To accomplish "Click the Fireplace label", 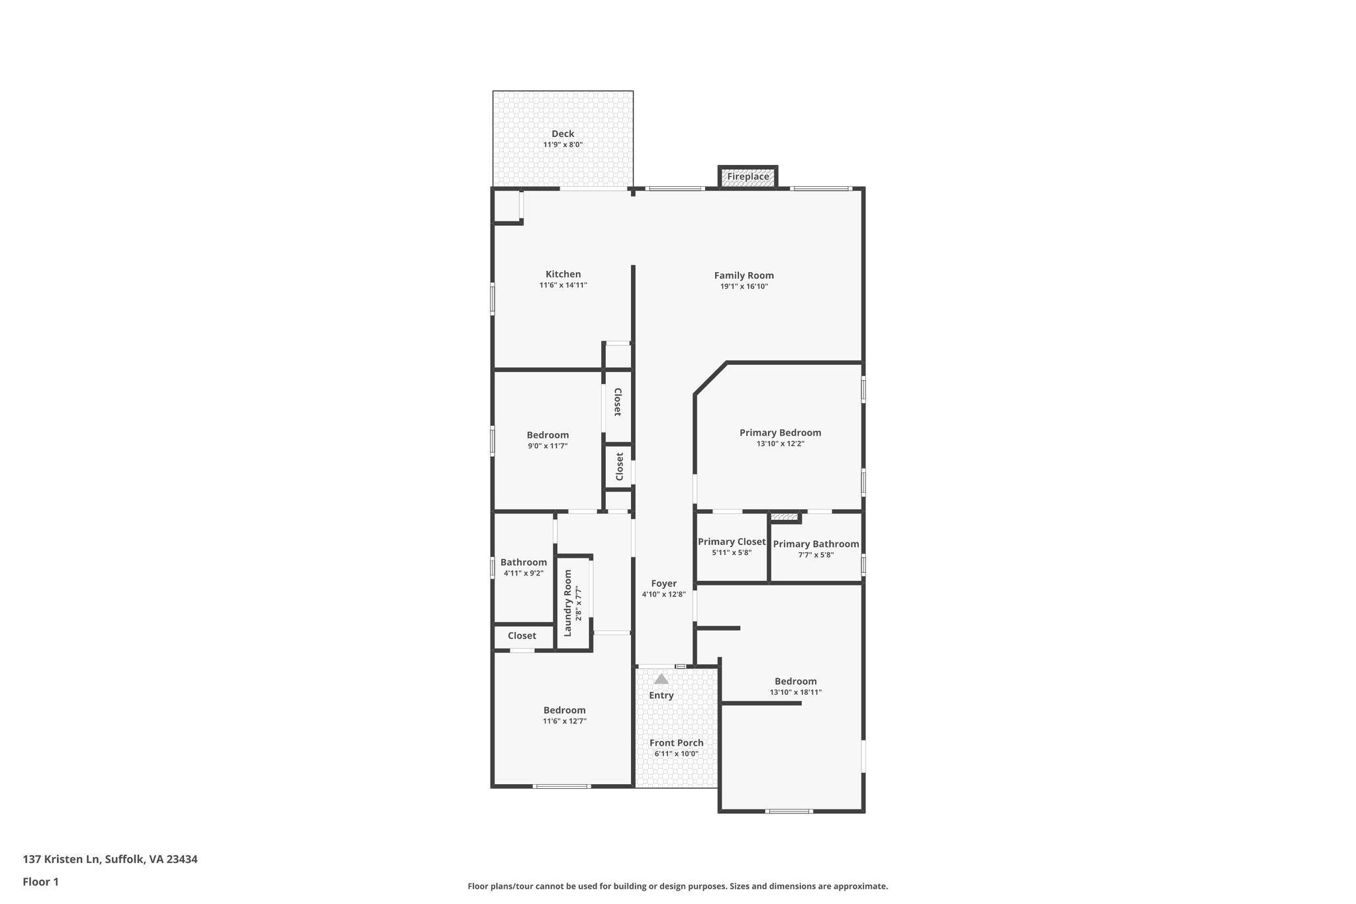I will (748, 177).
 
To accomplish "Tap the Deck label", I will (563, 134).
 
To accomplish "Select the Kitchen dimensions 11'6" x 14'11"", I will (563, 285).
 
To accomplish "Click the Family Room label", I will (744, 276).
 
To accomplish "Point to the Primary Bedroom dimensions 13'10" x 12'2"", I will (780, 444).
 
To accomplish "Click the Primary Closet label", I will (732, 542).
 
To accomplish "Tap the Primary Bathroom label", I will (816, 544).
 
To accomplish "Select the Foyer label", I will (663, 583).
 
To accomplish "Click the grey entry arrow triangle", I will (661, 679).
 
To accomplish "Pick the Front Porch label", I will (676, 743).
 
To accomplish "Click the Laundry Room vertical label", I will (567, 603).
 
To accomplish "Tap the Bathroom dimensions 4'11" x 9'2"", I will (523, 574).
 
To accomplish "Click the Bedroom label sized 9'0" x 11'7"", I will (548, 435).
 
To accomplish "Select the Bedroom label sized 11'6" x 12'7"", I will (564, 710).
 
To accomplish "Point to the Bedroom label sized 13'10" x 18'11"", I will (795, 681).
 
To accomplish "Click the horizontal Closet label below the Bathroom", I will (522, 636).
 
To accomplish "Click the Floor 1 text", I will (40, 881).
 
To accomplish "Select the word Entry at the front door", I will (661, 695).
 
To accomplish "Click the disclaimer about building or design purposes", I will (677, 886).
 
